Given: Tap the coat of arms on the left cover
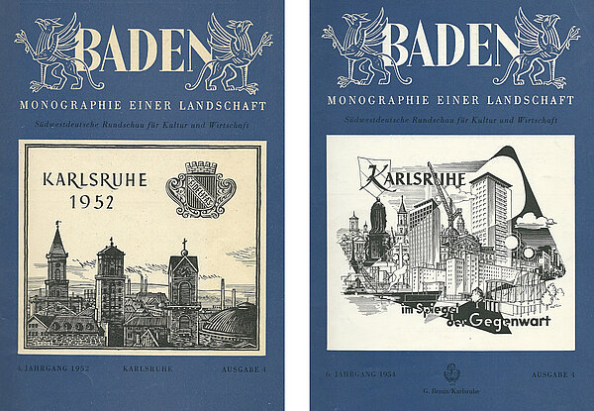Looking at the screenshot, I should pyautogui.click(x=199, y=188).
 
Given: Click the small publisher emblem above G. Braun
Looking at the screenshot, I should pyautogui.click(x=451, y=373).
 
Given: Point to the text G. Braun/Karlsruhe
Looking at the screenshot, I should pyautogui.click(x=451, y=390).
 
